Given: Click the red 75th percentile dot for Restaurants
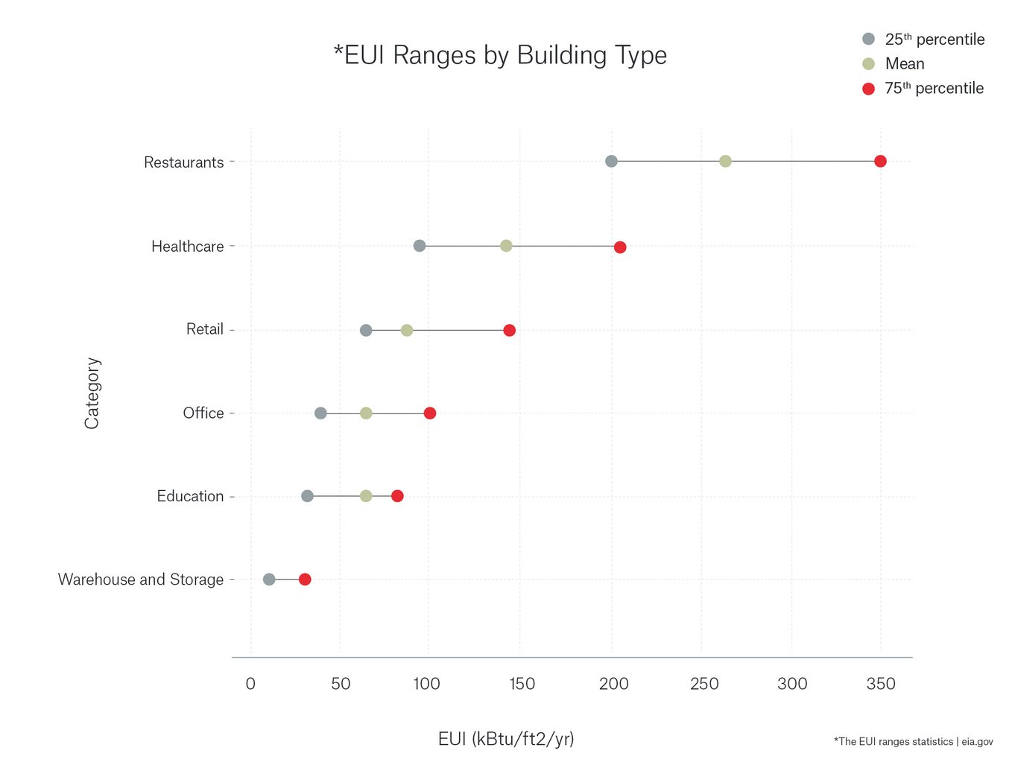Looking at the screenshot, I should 880,162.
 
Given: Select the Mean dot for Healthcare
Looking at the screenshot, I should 506,246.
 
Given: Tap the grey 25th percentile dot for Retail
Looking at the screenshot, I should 366,330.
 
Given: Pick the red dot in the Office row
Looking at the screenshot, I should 430,413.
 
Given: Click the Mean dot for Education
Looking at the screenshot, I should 366,496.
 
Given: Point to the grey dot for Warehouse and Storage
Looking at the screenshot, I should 269,580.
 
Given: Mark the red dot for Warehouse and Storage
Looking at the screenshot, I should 305,580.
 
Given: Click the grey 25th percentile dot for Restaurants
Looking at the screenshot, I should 611,162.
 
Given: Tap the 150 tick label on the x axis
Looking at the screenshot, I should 522,684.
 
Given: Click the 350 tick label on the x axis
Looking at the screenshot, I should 881,684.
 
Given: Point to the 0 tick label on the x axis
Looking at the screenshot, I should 250,684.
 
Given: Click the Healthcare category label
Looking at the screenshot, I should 187,247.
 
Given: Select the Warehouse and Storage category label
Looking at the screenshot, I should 141,580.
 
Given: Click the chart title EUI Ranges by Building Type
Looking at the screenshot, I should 500,55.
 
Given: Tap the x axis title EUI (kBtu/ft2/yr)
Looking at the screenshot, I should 506,739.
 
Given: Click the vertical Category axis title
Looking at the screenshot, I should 92,393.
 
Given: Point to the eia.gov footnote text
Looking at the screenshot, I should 913,742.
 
